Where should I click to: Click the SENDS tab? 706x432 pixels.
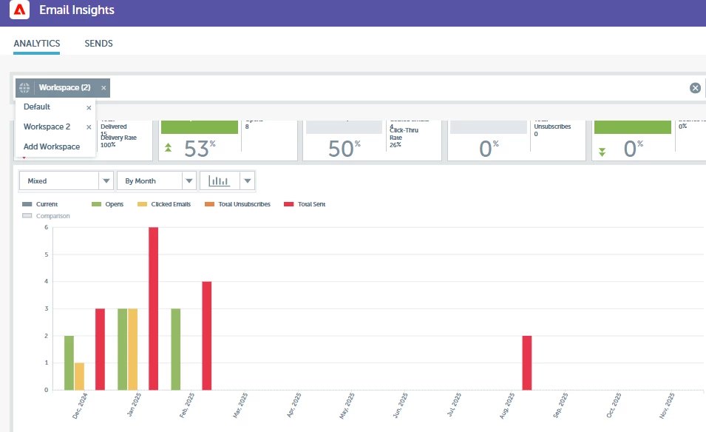98,44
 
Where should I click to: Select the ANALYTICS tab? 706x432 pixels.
37,44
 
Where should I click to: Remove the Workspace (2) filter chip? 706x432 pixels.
103,88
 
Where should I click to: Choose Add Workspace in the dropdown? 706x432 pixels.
52,146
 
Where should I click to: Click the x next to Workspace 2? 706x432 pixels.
89,127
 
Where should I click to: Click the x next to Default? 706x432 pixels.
89,107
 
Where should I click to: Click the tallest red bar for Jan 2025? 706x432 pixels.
154,308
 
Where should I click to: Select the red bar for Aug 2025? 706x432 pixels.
527,362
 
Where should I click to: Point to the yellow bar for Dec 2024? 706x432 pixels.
79,377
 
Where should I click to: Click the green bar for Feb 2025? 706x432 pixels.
176,349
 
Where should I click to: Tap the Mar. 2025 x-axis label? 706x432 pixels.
240,406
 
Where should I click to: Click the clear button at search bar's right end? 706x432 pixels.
695,88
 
